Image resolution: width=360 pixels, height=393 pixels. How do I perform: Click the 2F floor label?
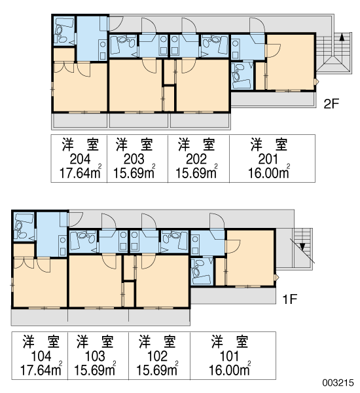tap(331, 103)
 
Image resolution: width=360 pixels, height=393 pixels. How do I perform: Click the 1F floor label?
tap(289, 299)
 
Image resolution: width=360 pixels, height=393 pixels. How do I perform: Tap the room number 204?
tap(80, 159)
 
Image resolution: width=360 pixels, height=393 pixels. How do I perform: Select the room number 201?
tap(268, 159)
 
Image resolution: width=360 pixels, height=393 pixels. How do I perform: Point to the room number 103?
tap(95, 356)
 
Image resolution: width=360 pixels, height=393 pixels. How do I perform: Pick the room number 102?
tap(157, 356)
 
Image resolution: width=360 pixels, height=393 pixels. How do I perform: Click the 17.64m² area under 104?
tap(41, 370)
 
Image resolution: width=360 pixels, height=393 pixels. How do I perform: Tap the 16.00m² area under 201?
tap(269, 173)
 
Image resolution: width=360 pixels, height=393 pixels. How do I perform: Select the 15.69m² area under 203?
tap(135, 173)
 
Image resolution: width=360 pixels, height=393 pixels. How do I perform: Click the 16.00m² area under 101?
tap(230, 370)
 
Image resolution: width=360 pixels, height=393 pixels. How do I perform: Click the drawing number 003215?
tap(338, 383)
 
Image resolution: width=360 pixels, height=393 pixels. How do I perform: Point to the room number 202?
tap(196, 159)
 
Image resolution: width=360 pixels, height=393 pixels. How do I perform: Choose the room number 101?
tap(229, 356)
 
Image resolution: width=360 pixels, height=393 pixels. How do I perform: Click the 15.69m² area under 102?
tap(157, 370)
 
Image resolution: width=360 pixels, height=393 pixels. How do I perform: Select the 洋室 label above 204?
tap(81, 145)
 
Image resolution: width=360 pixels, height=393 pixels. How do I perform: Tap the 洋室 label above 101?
tap(230, 342)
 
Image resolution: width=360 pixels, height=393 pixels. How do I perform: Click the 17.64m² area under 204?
tap(81, 173)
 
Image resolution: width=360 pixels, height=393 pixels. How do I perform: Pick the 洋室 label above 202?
tap(196, 145)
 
